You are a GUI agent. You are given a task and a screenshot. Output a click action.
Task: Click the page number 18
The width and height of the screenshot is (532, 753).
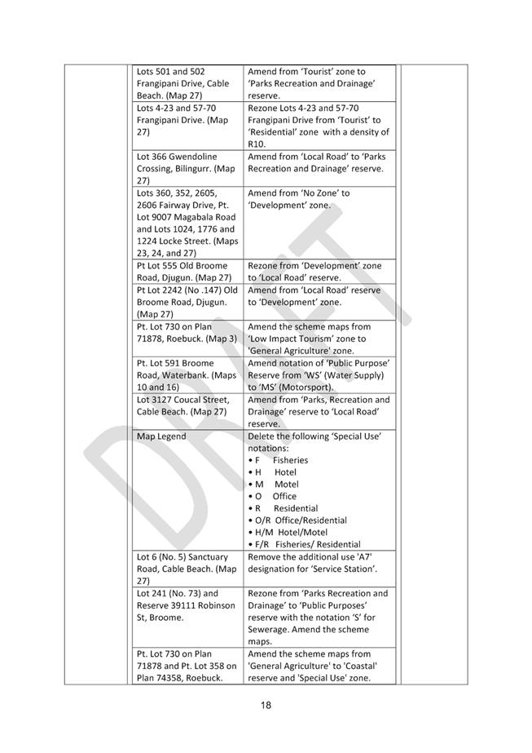pyautogui.click(x=266, y=705)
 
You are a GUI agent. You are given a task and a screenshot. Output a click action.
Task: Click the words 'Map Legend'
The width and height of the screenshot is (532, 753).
pyautogui.click(x=161, y=436)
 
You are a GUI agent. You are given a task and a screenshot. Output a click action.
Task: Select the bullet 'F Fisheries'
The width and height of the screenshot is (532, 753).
pyautogui.click(x=278, y=460)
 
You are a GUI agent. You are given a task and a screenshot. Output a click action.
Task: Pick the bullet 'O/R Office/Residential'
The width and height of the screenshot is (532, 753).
pyautogui.click(x=297, y=520)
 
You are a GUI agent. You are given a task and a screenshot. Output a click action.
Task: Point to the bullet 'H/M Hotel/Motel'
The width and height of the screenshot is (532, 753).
pyautogui.click(x=288, y=532)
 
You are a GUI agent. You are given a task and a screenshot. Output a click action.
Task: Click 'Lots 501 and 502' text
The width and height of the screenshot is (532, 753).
pyautogui.click(x=170, y=72)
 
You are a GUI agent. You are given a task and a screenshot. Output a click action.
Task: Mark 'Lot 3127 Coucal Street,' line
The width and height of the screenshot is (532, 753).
pyautogui.click(x=182, y=400)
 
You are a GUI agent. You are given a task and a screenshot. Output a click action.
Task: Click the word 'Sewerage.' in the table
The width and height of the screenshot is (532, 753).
pyautogui.click(x=270, y=629)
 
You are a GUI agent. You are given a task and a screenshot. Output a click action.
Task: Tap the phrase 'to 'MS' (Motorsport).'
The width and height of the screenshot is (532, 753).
pyautogui.click(x=291, y=387)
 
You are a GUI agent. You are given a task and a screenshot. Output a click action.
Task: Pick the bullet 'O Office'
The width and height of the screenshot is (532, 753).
pyautogui.click(x=276, y=496)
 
